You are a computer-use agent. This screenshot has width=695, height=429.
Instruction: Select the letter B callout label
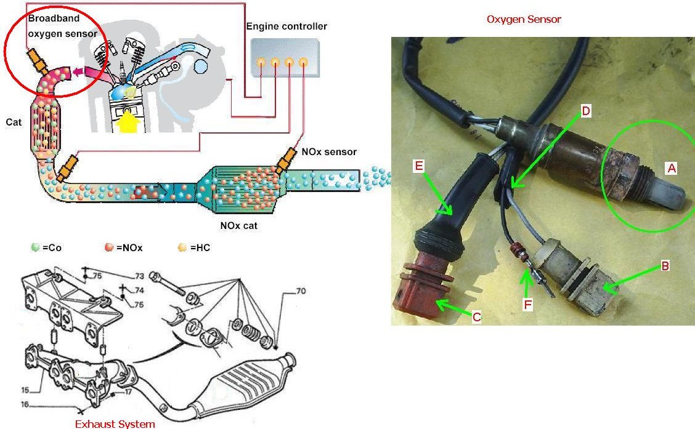(665, 266)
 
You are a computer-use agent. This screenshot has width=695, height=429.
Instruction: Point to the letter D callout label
(586, 111)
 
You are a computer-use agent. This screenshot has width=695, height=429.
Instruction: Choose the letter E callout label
(418, 166)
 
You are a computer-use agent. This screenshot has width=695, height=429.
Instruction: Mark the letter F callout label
(527, 303)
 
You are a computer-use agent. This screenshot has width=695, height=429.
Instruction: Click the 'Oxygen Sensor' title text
(524, 19)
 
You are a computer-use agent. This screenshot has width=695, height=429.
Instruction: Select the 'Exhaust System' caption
(115, 423)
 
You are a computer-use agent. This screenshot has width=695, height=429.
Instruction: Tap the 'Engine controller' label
(287, 26)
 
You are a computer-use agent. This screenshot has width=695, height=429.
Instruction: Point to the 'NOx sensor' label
(329, 151)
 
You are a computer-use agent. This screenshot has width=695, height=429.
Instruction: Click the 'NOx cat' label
(239, 225)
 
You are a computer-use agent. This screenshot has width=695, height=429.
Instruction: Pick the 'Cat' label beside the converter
(14, 122)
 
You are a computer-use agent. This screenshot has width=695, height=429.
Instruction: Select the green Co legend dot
(35, 248)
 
